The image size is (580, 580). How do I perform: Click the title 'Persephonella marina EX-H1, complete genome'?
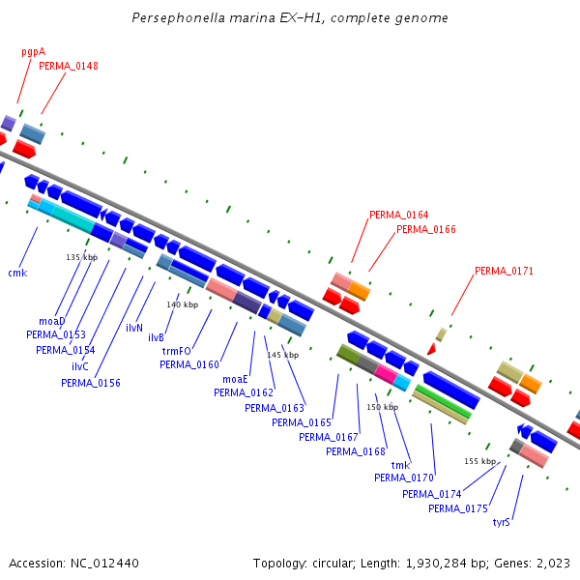pos(290,18)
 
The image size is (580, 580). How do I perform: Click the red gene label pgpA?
pos(34,52)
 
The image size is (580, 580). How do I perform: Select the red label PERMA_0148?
pos(69,66)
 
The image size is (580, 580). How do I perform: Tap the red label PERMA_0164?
pos(398,215)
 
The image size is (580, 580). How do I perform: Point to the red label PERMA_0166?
pos(425,229)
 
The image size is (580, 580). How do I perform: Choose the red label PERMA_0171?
pos(504,272)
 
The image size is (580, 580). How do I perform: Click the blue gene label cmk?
pos(17,274)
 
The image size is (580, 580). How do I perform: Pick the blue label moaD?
pos(52,321)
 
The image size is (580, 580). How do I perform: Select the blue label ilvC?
pos(80,367)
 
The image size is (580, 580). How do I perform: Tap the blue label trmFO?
pos(177,352)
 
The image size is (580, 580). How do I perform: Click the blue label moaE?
pos(236,380)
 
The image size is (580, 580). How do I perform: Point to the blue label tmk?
pos(400,465)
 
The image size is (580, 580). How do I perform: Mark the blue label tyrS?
pos(501,522)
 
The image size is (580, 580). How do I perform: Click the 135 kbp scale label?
pos(82,257)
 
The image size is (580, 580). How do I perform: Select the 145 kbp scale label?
pos(283,355)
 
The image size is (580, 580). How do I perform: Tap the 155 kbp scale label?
pos(480,461)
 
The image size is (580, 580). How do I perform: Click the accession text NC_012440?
pos(103,563)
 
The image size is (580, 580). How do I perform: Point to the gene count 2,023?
pos(552,563)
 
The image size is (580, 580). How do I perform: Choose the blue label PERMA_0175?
pos(458,508)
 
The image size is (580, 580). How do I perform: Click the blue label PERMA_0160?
pos(189,364)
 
